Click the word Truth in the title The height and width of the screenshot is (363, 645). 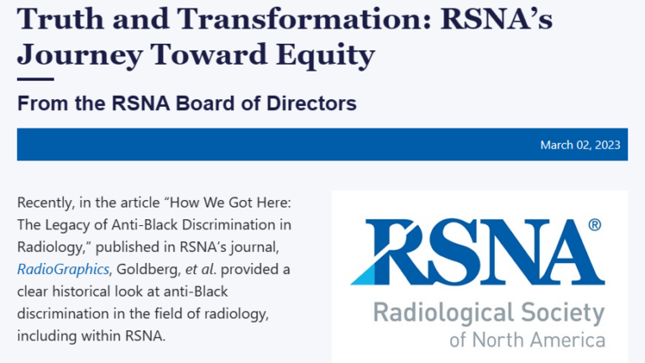tap(60, 18)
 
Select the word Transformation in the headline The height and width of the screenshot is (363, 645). tap(303, 18)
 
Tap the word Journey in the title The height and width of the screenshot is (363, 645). tap(80, 55)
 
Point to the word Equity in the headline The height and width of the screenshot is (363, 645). tap(325, 55)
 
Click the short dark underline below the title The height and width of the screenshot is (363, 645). tap(35, 79)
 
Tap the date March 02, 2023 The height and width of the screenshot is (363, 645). tap(580, 145)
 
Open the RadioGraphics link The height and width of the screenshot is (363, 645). tap(63, 269)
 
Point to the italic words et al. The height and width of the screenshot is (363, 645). tap(201, 269)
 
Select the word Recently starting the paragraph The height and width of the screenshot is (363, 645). tap(45, 203)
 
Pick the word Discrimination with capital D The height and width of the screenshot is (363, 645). tap(237, 224)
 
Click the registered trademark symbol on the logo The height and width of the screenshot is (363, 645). tap(595, 224)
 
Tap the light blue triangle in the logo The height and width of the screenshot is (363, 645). tap(364, 275)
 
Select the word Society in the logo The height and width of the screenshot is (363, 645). tap(563, 313)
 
